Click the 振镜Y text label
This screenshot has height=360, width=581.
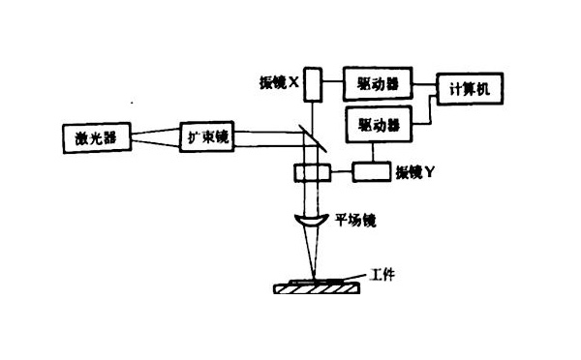[420, 173]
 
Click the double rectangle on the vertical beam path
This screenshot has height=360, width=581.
[311, 172]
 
